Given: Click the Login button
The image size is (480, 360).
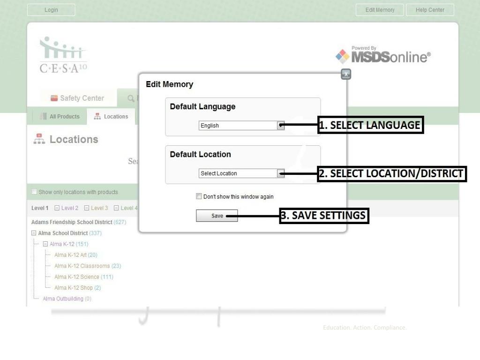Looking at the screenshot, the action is [51, 10].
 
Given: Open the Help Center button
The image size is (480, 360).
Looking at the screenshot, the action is [430, 10].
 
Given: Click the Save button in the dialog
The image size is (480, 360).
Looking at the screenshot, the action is [217, 216].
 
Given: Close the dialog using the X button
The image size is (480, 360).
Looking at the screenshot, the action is [345, 74].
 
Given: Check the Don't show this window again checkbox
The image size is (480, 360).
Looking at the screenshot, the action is [199, 196].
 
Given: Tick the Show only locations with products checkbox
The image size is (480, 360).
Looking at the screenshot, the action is [34, 192].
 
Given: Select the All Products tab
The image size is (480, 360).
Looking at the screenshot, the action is [60, 117].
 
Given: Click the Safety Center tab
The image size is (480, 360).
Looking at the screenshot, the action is [78, 98].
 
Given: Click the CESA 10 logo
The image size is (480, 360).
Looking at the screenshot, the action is [63, 55].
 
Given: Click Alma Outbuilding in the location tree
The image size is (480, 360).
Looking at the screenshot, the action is [63, 299].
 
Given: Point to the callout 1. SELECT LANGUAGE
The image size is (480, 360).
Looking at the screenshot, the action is [370, 125].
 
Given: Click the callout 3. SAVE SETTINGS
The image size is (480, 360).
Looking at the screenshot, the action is [324, 216].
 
